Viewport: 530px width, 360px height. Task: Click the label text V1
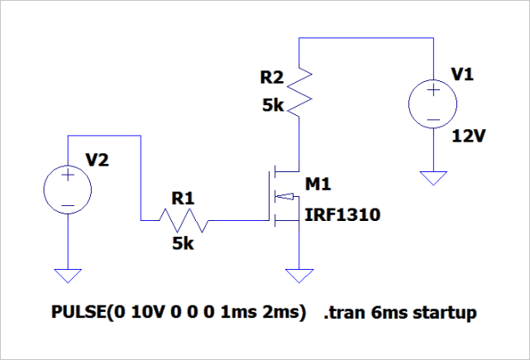(464, 75)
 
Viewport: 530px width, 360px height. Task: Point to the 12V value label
(466, 136)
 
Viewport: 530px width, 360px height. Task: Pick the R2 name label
(271, 79)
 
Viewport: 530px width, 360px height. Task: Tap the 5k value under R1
(184, 244)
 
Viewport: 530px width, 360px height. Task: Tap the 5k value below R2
(272, 106)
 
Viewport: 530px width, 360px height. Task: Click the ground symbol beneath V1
(432, 177)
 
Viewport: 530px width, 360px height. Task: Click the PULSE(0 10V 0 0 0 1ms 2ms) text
(179, 314)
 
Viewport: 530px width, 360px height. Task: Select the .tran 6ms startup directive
(401, 314)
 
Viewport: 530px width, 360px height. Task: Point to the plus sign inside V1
(432, 96)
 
